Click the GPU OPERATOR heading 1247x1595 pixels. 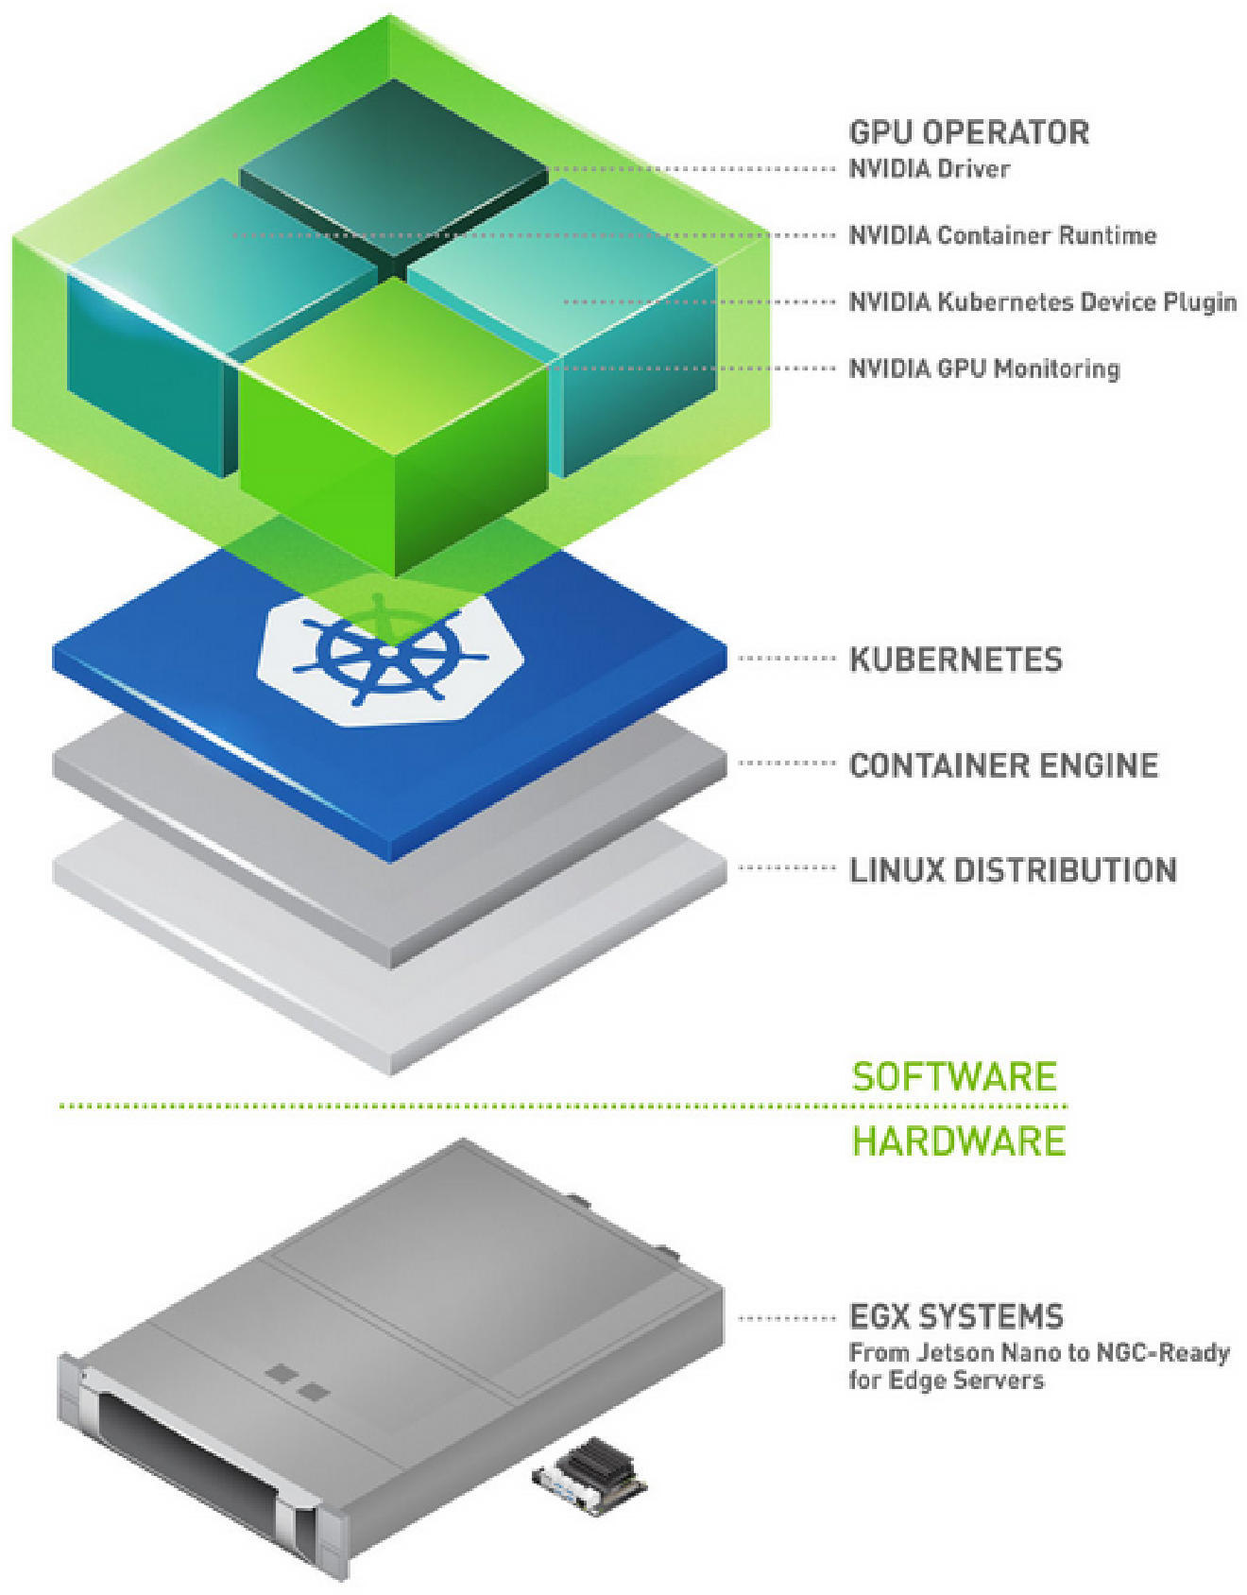(968, 133)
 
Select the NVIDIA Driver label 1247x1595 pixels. (930, 169)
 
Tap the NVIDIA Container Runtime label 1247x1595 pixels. (1002, 235)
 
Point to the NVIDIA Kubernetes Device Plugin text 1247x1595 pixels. (1042, 302)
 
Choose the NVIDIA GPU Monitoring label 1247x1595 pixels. (983, 369)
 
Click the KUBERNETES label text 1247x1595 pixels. (956, 660)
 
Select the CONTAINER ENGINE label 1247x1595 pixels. (1003, 765)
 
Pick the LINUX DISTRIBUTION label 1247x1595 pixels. (1013, 870)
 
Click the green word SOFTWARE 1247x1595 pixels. (954, 1077)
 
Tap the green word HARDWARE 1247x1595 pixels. (958, 1141)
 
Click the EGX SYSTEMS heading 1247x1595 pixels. (956, 1316)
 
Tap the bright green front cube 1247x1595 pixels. (394, 425)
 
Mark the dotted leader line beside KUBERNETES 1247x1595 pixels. (786, 659)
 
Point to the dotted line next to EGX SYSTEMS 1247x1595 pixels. (786, 1317)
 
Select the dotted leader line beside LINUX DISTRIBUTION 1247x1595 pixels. (786, 867)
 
